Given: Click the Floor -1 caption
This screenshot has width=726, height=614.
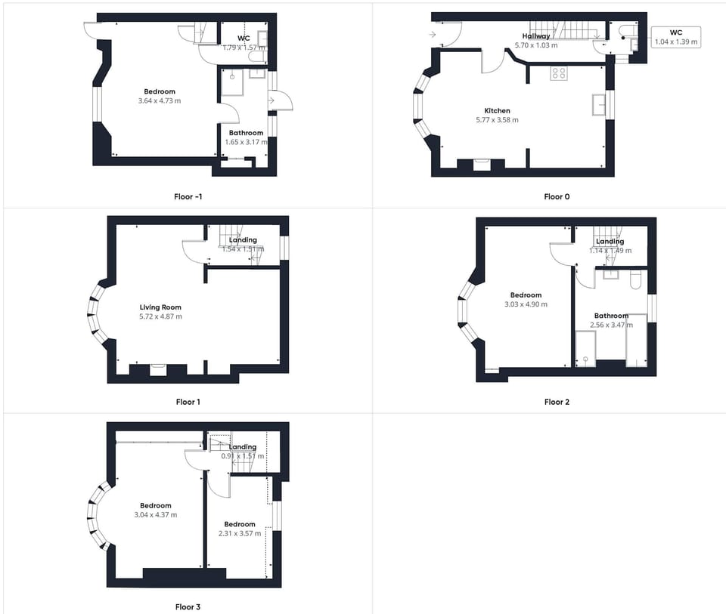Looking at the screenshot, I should click(188, 197).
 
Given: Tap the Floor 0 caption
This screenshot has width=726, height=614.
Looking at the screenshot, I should click(557, 197).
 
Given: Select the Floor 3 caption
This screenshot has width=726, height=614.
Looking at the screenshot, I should click(188, 606).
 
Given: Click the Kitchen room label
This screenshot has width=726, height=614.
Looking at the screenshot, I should click(497, 111).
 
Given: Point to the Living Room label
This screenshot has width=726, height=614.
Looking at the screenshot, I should click(160, 307).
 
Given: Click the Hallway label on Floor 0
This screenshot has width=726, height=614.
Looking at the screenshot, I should click(535, 36).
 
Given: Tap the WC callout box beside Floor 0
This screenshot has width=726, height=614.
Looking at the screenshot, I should click(675, 37).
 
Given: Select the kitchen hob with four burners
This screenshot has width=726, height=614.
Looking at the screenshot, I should click(560, 73).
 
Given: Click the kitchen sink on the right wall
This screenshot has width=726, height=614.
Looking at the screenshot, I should click(600, 105).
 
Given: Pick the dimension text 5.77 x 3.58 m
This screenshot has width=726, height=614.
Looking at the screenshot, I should click(497, 120).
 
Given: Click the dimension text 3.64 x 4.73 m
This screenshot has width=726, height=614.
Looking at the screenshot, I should click(160, 100).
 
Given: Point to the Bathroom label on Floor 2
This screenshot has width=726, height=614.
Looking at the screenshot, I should click(610, 316).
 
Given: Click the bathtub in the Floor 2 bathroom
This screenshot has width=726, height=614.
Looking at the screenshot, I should click(636, 341).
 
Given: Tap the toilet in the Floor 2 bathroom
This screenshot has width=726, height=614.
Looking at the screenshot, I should click(636, 281).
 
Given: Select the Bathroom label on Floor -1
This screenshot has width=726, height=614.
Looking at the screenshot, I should click(246, 133).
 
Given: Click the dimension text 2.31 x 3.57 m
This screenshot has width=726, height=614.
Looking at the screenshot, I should click(239, 533).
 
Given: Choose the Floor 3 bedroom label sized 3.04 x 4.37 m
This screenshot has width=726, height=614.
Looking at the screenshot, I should click(155, 506).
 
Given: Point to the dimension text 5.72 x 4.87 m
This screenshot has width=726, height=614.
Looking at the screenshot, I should click(160, 316).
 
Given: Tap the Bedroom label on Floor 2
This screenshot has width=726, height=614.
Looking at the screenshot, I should click(526, 295).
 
